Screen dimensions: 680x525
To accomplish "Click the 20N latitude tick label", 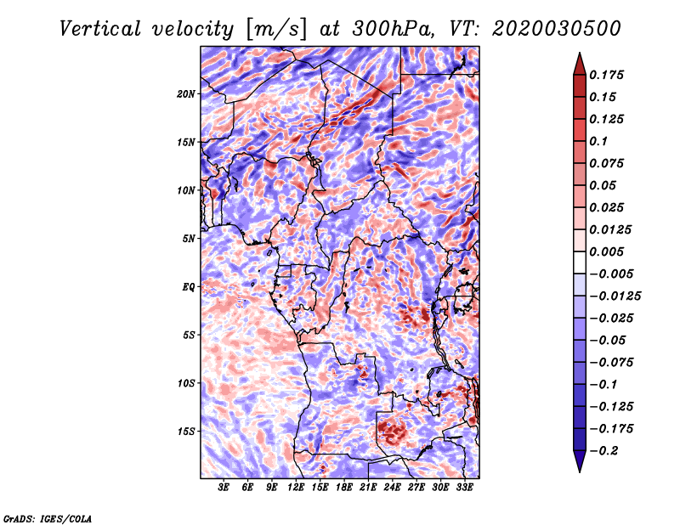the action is click(x=185, y=94).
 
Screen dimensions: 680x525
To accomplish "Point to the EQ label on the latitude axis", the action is click(x=188, y=287).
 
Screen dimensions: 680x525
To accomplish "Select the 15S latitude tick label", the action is click(x=185, y=432).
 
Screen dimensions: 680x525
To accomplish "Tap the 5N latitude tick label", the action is click(x=189, y=239).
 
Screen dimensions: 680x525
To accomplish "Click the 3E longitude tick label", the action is click(x=224, y=488).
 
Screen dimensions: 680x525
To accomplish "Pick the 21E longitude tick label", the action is click(x=368, y=488).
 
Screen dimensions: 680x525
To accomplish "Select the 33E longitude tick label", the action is click(x=464, y=488).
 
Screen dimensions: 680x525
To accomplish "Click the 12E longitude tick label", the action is click(x=295, y=488).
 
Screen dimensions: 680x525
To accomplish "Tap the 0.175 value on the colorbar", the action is click(x=606, y=75).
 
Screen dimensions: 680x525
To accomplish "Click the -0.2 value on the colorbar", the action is click(x=603, y=451).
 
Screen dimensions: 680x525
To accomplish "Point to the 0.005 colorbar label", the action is click(x=606, y=251).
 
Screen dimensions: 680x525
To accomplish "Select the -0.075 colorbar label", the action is click(x=611, y=363).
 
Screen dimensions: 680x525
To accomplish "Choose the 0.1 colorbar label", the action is click(x=598, y=141).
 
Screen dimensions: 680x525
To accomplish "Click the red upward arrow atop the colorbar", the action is click(x=580, y=64).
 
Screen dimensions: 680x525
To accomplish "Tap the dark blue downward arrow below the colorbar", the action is click(x=580, y=461).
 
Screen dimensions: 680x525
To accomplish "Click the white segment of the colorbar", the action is click(x=580, y=262).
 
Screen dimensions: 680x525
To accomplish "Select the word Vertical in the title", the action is click(x=100, y=29).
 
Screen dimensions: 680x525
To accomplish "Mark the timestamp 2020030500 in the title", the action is click(x=557, y=29).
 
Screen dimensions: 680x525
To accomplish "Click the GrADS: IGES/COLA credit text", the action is click(x=48, y=518).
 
